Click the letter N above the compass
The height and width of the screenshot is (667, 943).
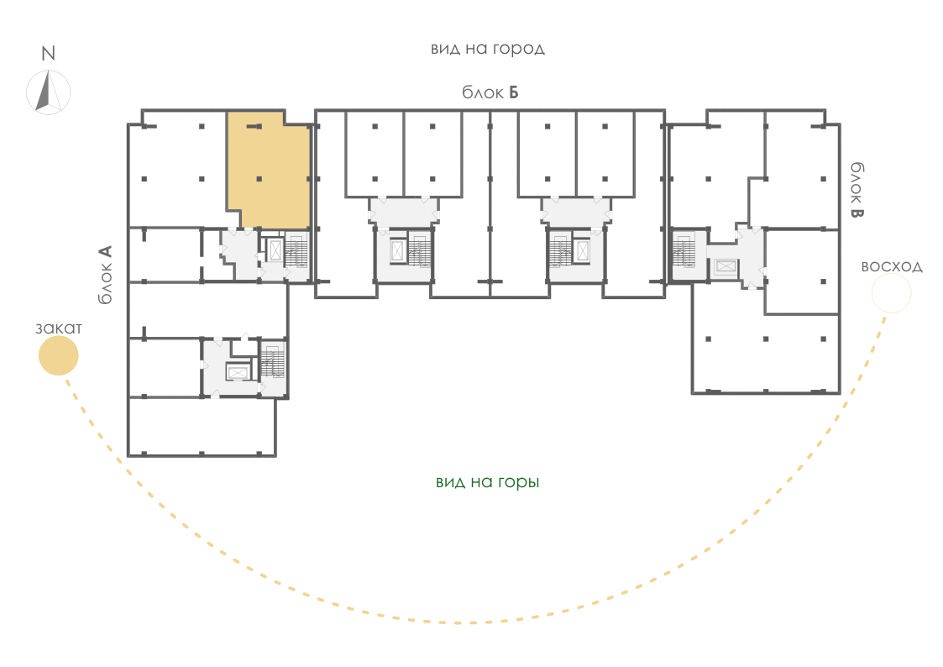pos(48,54)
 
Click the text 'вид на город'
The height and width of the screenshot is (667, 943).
pos(488,49)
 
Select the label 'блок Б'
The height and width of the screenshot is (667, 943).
pos(490,92)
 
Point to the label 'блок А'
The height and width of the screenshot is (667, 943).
pos(105,274)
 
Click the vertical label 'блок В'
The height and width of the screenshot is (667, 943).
pos(857,190)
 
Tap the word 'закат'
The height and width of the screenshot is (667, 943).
pos(58,328)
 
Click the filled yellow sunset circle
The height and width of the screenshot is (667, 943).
pos(58,355)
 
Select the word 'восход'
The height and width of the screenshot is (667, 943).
pos(892,266)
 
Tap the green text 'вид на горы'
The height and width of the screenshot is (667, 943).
pos(488,482)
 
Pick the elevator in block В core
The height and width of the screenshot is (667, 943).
pos(726,266)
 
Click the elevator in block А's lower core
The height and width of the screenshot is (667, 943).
pos(237,373)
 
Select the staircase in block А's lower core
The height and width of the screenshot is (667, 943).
pos(273,362)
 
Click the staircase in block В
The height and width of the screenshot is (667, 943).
pos(684,250)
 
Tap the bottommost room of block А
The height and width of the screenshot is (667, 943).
pos(202,427)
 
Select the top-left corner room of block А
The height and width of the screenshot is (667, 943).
pos(177,169)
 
